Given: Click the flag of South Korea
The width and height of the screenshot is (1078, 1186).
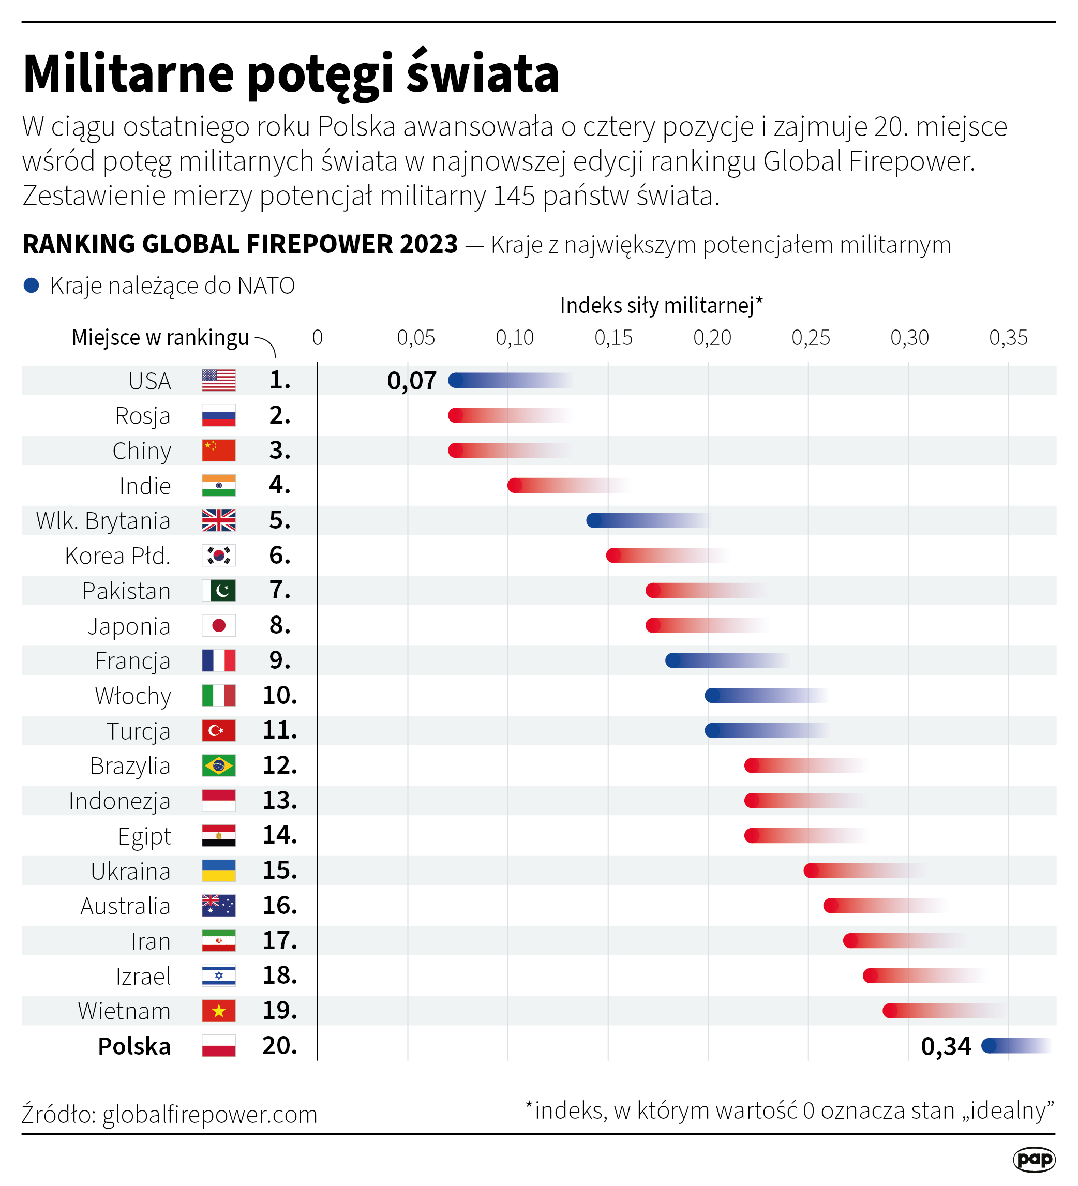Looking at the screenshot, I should (218, 556).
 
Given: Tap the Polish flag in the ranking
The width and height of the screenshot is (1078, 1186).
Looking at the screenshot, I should (218, 1046).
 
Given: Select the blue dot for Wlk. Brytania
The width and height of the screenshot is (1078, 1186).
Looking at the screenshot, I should (594, 520).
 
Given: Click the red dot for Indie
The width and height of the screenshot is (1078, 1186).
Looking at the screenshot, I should (515, 485).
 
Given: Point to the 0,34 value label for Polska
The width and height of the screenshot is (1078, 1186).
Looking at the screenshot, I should (945, 1046).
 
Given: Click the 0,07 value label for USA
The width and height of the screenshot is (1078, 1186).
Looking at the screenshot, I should (411, 381).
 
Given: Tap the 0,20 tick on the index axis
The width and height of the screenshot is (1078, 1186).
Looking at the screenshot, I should (712, 338).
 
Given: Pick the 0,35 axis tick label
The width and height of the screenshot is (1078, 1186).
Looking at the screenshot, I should (1008, 338).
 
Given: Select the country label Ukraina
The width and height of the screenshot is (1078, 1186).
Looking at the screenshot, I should (131, 871).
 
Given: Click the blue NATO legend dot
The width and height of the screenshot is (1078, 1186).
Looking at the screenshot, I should (31, 286).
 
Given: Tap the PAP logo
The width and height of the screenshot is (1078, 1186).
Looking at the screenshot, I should (1034, 1160).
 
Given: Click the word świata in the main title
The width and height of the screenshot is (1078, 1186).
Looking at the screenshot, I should (483, 73).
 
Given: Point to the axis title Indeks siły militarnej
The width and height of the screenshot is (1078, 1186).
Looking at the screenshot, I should (660, 305).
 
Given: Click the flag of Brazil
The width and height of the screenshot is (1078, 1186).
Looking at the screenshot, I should (218, 765).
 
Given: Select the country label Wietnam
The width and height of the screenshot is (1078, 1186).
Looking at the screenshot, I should (124, 1011).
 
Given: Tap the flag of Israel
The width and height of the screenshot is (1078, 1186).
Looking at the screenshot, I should (218, 976).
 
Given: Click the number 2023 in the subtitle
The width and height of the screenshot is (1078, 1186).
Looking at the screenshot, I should (428, 244).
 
